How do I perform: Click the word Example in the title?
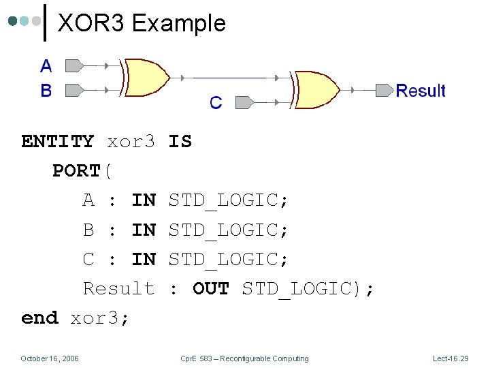pos(178,24)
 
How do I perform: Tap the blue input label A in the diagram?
pos(46,66)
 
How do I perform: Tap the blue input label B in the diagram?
pos(46,90)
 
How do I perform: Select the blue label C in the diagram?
pos(216,103)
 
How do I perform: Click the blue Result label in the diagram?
pos(421,91)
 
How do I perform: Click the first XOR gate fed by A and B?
pos(146,78)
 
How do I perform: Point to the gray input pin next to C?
pos(244,102)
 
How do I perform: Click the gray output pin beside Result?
pos(385,90)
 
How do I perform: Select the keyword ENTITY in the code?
pos(58,142)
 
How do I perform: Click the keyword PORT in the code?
pos(76,171)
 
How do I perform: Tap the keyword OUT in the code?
pos(211,288)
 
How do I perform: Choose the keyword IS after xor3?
pos(180,142)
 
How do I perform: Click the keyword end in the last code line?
pos(39,318)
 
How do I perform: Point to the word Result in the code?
pos(118,288)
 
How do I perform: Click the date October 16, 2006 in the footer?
pos(50,358)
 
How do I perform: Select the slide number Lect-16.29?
pos(451,358)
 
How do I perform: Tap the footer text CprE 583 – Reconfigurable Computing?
pos(244,358)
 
